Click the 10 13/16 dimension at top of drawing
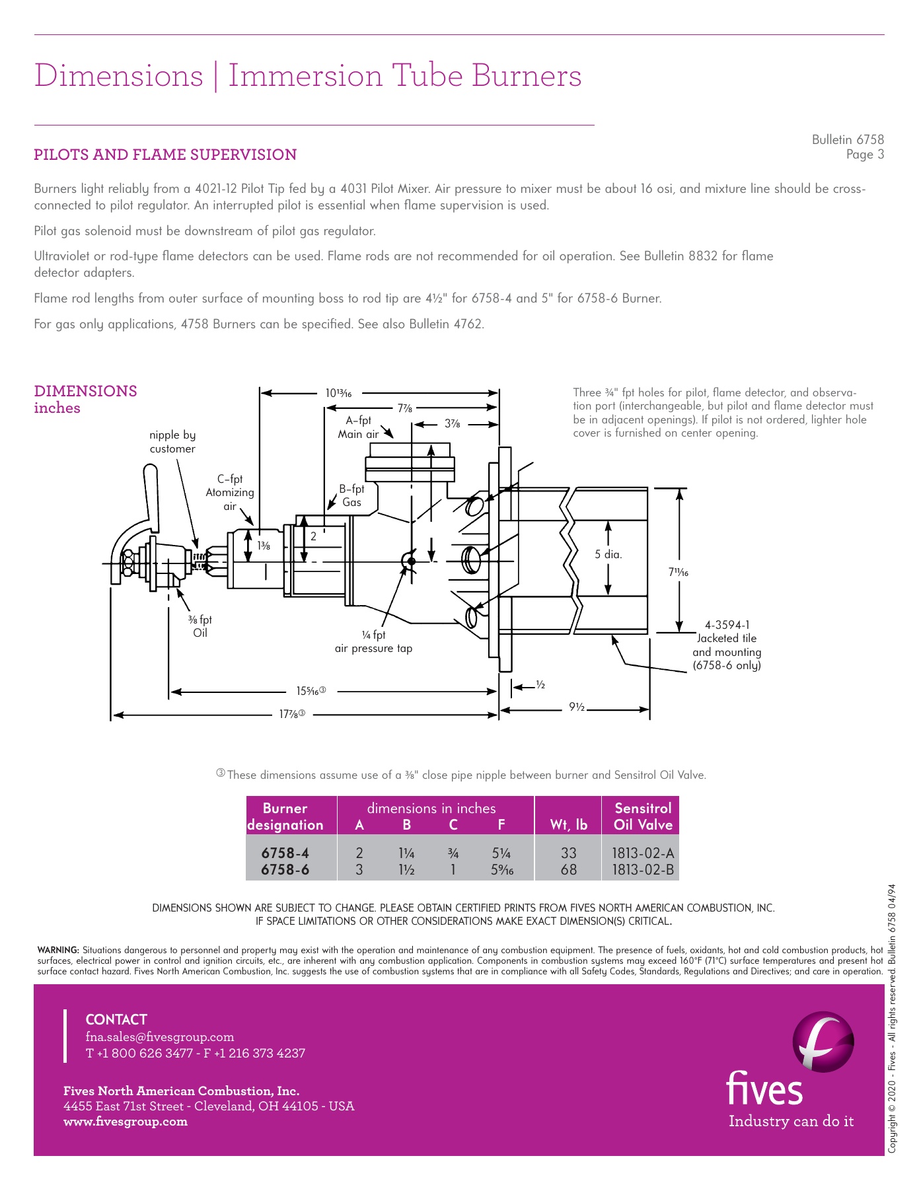tap(338, 393)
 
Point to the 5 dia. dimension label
tap(608, 554)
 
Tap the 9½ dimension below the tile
tap(577, 707)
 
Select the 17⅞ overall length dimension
tap(291, 714)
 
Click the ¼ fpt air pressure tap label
tap(373, 641)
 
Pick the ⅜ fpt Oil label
tap(200, 626)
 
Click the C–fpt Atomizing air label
tap(230, 493)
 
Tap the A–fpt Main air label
tap(358, 427)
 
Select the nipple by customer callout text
tap(172, 441)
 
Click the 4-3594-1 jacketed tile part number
tap(727, 625)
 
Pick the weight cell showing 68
tap(568, 869)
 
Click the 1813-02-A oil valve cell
tap(642, 853)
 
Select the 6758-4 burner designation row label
tap(285, 853)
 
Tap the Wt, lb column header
tap(568, 824)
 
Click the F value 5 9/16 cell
tap(502, 869)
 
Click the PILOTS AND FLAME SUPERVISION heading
tap(165, 155)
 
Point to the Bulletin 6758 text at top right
tap(848, 139)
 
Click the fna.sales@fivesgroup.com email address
tap(160, 1036)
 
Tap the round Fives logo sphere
tap(823, 1042)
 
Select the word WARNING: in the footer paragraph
tap(58, 951)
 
